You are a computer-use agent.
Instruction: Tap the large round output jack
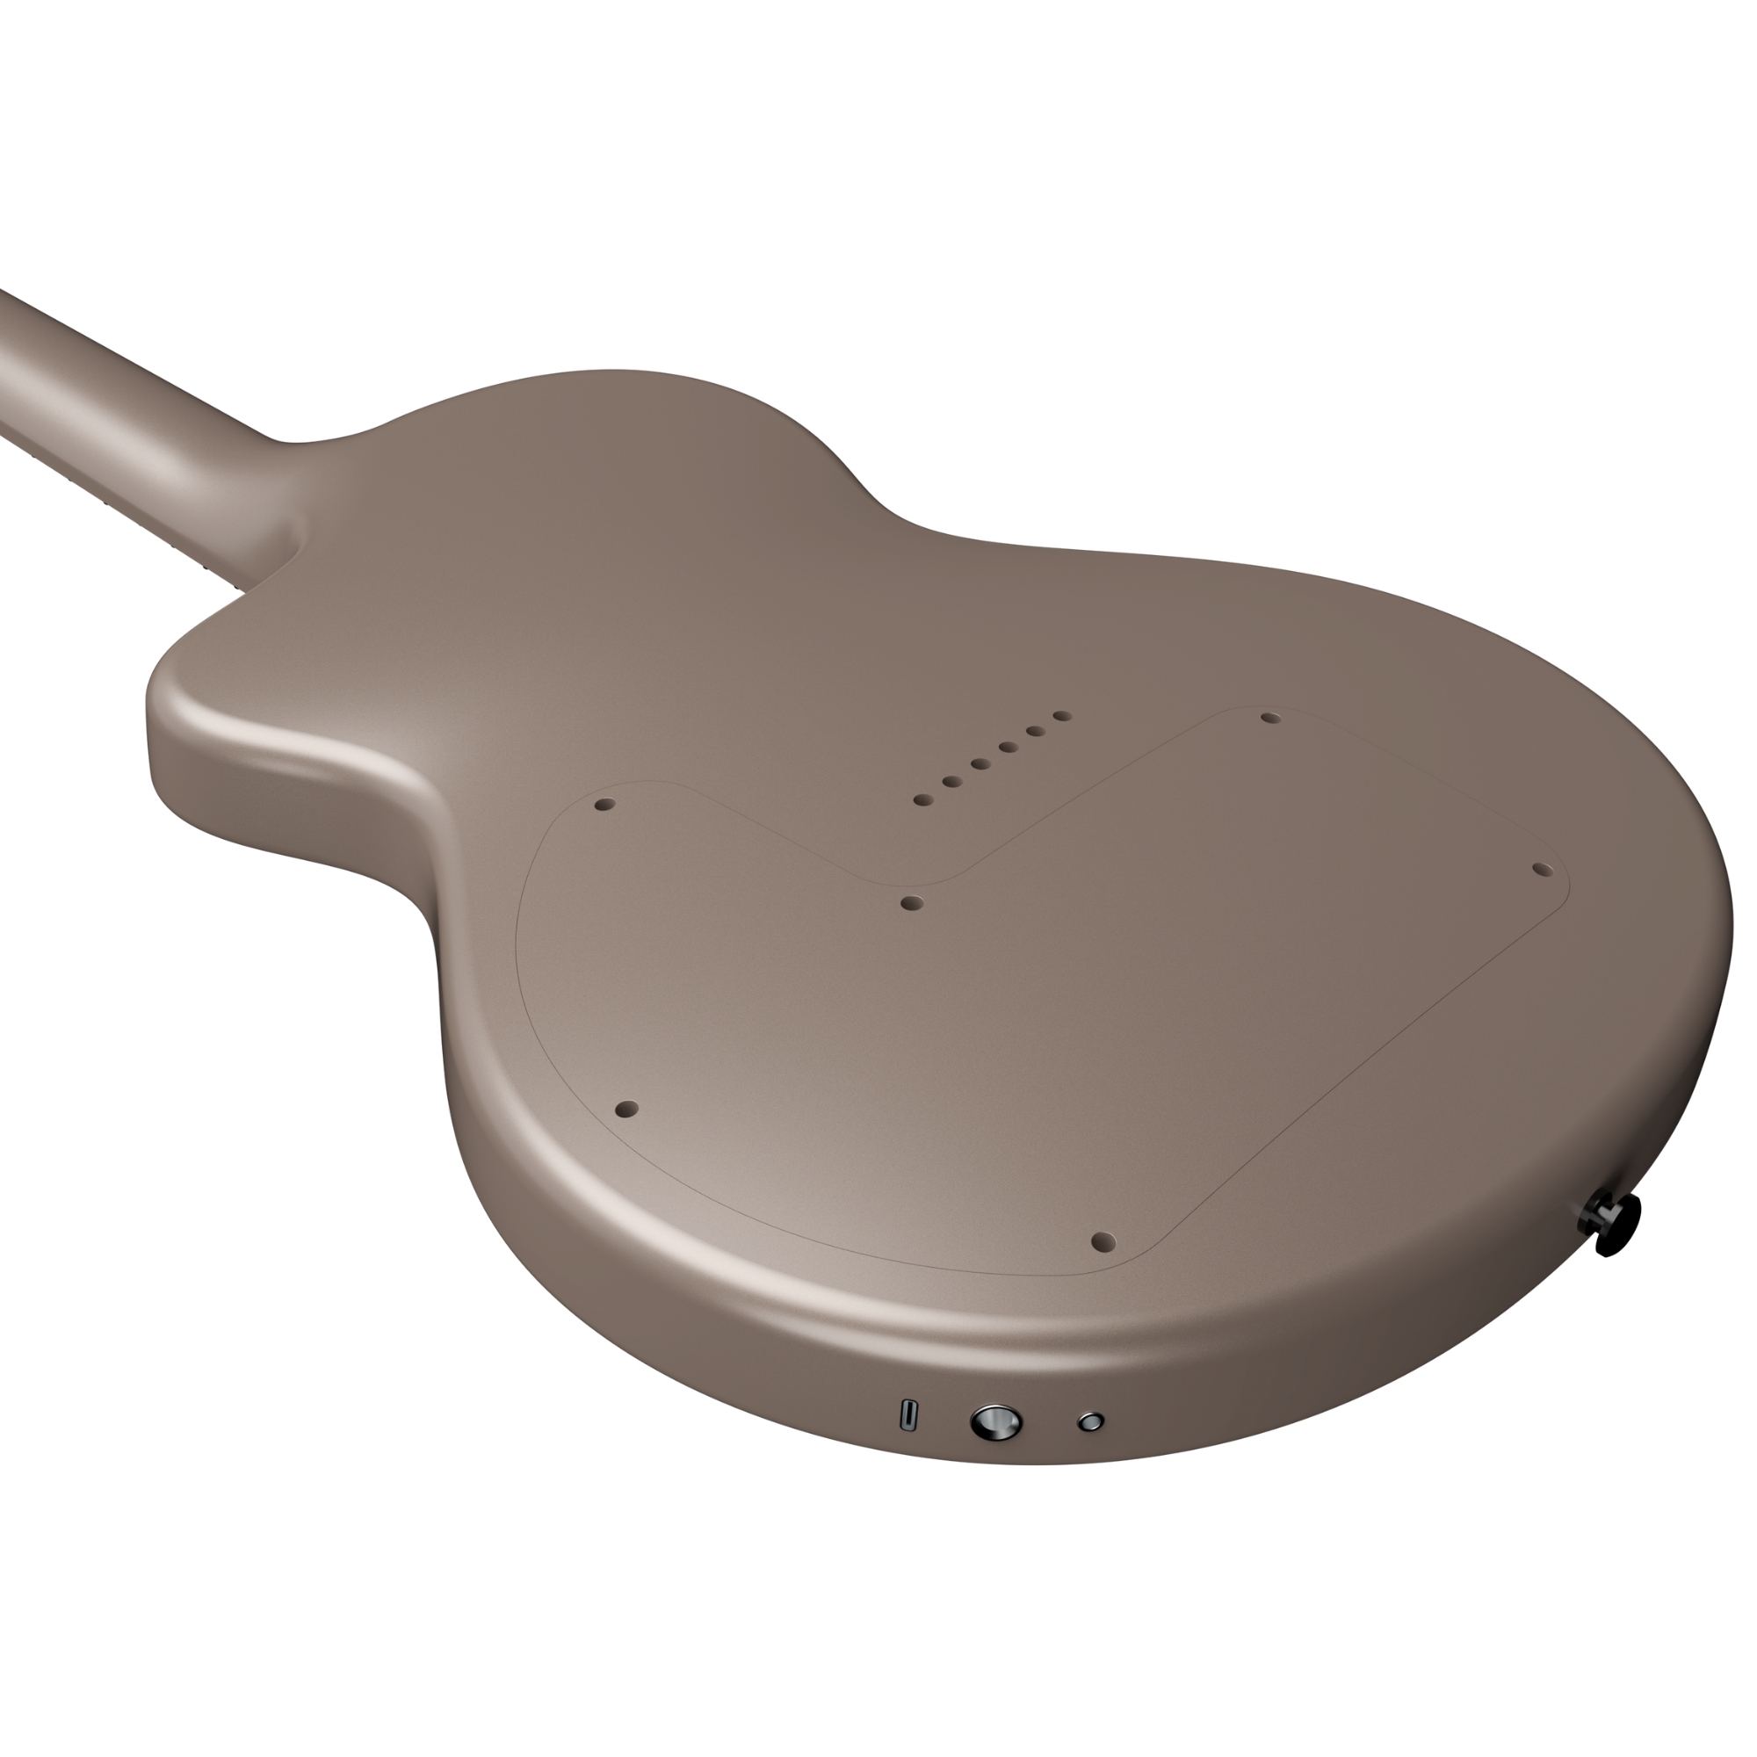996,1421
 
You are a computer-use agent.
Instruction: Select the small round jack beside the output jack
1089,1421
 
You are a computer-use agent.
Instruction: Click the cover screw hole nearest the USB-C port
1103,1240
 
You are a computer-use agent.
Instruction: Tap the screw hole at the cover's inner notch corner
911,903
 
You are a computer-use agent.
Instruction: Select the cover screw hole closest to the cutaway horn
604,805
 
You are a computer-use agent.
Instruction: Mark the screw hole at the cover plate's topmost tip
1270,719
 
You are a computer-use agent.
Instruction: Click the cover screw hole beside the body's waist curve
627,1110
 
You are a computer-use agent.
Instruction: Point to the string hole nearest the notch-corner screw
923,800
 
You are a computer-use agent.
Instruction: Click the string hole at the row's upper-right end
1061,716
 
